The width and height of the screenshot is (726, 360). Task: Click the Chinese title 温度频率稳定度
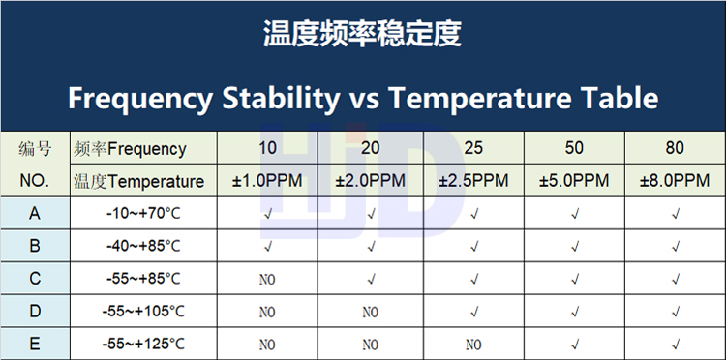362,33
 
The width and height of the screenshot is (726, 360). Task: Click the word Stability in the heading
281,99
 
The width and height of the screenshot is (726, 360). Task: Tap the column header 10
267,148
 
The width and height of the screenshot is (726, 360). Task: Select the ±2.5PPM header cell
473,180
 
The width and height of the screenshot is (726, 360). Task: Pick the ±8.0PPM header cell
675,180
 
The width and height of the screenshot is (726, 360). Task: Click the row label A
35,214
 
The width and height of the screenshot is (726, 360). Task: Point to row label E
35,345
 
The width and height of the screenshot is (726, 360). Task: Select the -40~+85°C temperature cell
143,246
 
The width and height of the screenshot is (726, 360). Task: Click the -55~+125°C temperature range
143,345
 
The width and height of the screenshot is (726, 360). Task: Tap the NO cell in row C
267,280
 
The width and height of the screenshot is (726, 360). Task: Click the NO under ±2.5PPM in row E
473,345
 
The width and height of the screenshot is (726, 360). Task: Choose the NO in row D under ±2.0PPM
371,313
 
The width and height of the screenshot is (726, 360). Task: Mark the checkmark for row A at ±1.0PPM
267,214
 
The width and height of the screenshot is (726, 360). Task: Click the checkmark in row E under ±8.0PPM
676,345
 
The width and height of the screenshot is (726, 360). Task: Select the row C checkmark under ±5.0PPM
575,279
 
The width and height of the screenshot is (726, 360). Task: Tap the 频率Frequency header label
130,149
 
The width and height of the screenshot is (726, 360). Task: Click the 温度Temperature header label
138,181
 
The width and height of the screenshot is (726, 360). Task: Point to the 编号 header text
35,149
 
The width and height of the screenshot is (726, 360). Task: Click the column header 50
574,148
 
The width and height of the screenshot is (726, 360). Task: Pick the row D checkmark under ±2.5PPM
473,312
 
